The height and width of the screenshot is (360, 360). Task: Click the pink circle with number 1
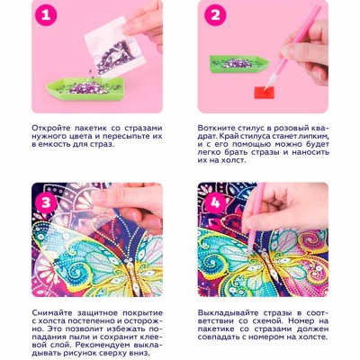tap(46, 15)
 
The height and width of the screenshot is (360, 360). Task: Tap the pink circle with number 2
tap(216, 15)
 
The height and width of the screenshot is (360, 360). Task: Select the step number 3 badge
tap(46, 202)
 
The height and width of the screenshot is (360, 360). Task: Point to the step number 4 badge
tap(216, 202)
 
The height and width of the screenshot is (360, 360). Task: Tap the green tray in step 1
tap(85, 87)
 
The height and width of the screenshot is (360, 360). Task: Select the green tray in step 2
tap(239, 64)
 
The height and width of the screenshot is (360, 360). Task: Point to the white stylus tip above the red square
tap(267, 85)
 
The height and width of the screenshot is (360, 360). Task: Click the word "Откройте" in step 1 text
tap(50, 128)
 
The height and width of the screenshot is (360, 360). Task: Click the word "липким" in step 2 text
tap(314, 136)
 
